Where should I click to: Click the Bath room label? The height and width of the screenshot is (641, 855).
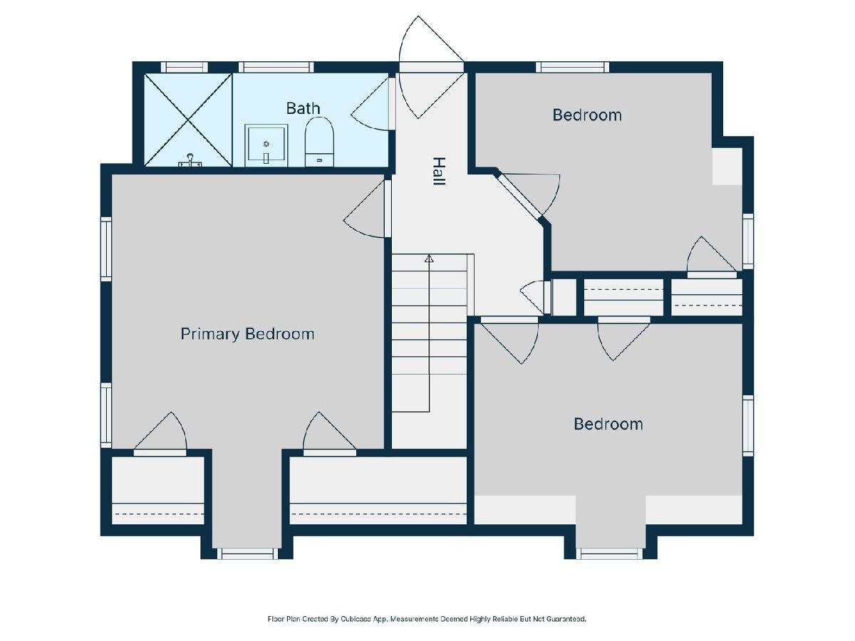[303, 108]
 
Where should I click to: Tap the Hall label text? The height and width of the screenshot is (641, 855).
[440, 171]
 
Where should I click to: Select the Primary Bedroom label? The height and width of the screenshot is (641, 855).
[247, 334]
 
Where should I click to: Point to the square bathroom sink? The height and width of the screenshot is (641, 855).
[266, 145]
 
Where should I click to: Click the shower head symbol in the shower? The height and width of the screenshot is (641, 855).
[190, 160]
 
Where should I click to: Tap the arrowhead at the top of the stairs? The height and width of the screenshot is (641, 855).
[429, 259]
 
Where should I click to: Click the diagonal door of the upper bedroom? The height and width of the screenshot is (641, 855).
[519, 194]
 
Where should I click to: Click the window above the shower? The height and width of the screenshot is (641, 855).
[185, 68]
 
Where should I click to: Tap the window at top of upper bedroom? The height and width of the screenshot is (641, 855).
[572, 68]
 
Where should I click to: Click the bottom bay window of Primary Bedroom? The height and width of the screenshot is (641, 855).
[247, 553]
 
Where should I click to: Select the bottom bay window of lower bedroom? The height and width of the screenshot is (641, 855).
[609, 553]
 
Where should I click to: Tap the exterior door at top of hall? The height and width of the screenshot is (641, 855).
[431, 67]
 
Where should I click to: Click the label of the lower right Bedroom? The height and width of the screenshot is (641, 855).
[608, 424]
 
